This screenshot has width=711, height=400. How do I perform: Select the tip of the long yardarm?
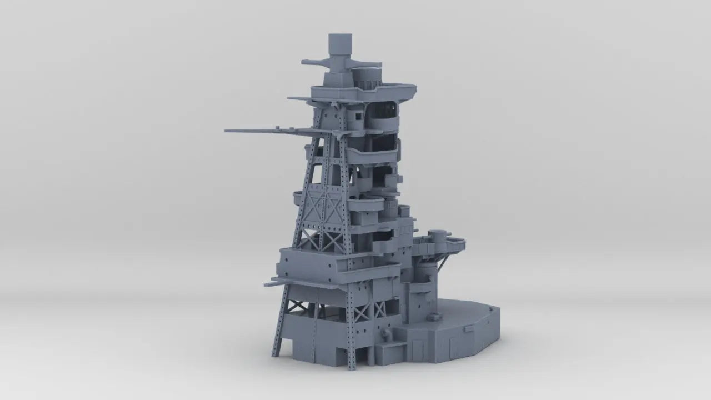point(228,131)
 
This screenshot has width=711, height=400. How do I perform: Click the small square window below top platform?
point(359,116)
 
